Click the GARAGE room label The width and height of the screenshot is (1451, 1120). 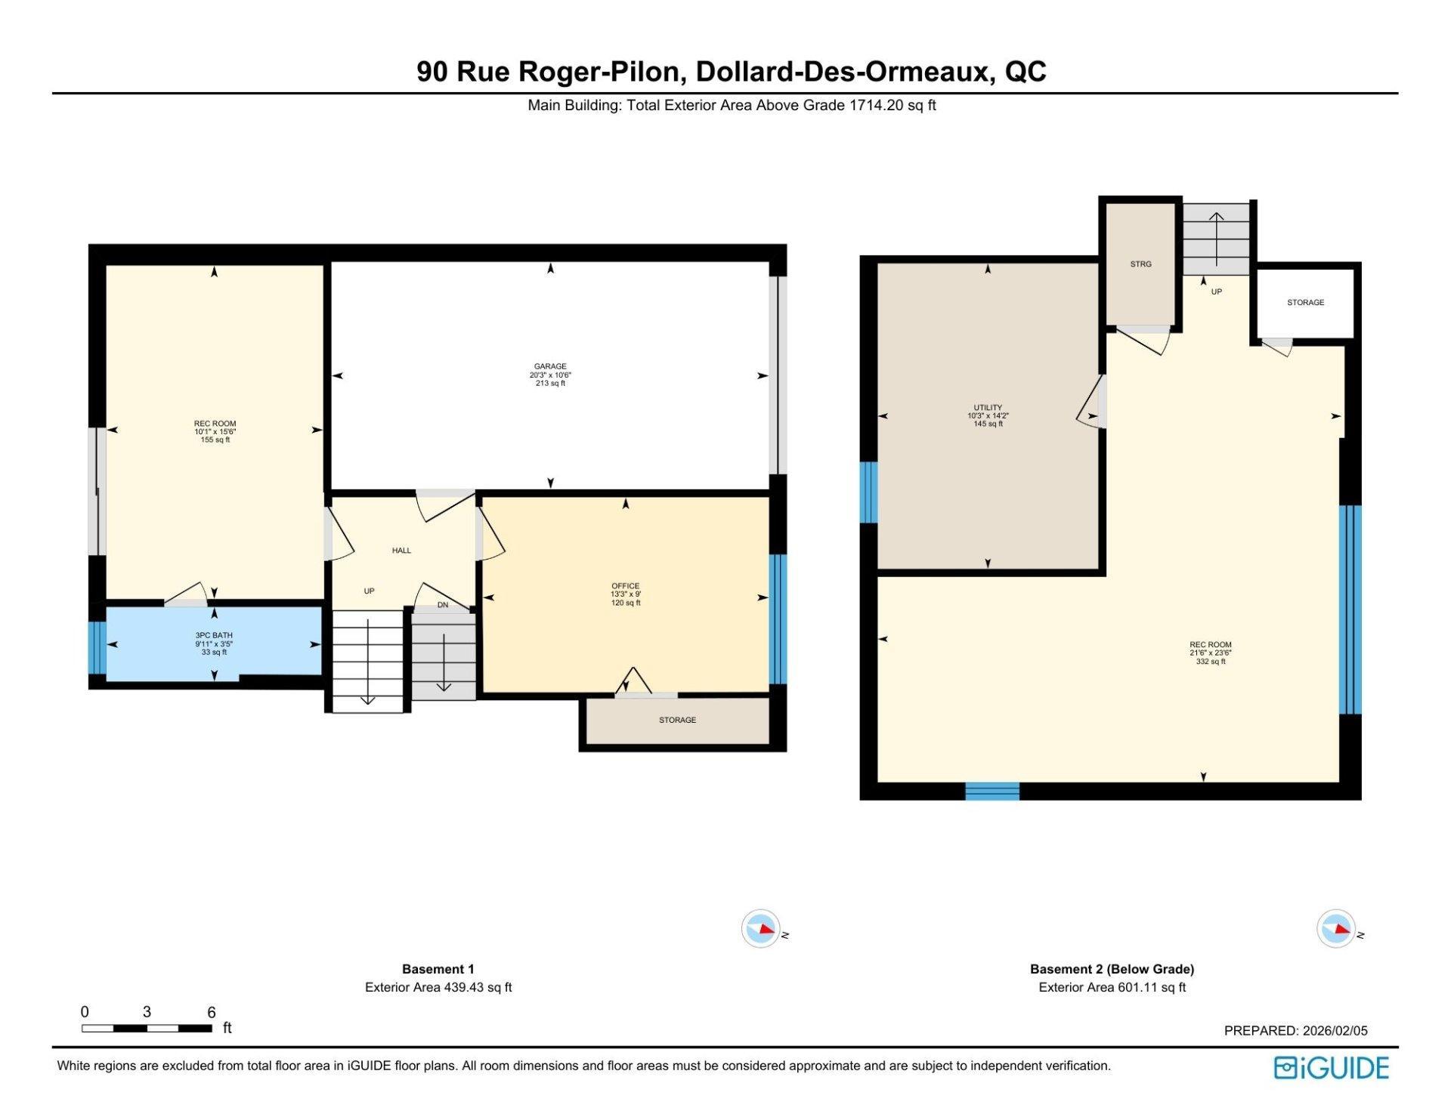point(549,366)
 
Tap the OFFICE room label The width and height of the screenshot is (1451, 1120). point(625,586)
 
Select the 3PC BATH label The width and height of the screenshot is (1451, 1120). point(214,636)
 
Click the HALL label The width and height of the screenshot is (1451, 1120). point(401,551)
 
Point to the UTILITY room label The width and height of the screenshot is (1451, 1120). point(987,408)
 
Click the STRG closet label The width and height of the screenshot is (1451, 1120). point(1140,264)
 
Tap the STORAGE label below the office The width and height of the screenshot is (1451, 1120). point(677,720)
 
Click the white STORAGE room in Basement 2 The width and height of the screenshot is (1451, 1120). point(1305,303)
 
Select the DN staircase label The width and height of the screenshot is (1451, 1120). point(443,605)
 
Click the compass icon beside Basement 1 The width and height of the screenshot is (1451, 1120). point(760,929)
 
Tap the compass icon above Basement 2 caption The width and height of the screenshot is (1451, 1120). point(1335,929)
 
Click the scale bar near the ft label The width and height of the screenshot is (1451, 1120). point(147,1028)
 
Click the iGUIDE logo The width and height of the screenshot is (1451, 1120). point(1331,1068)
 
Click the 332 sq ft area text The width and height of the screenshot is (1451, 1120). point(1210,662)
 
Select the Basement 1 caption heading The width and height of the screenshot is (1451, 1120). point(438,969)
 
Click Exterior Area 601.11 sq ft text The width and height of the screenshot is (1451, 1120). point(1112,987)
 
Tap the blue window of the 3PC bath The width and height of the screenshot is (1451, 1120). point(97,647)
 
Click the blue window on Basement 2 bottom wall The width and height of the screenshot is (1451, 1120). point(992,791)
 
